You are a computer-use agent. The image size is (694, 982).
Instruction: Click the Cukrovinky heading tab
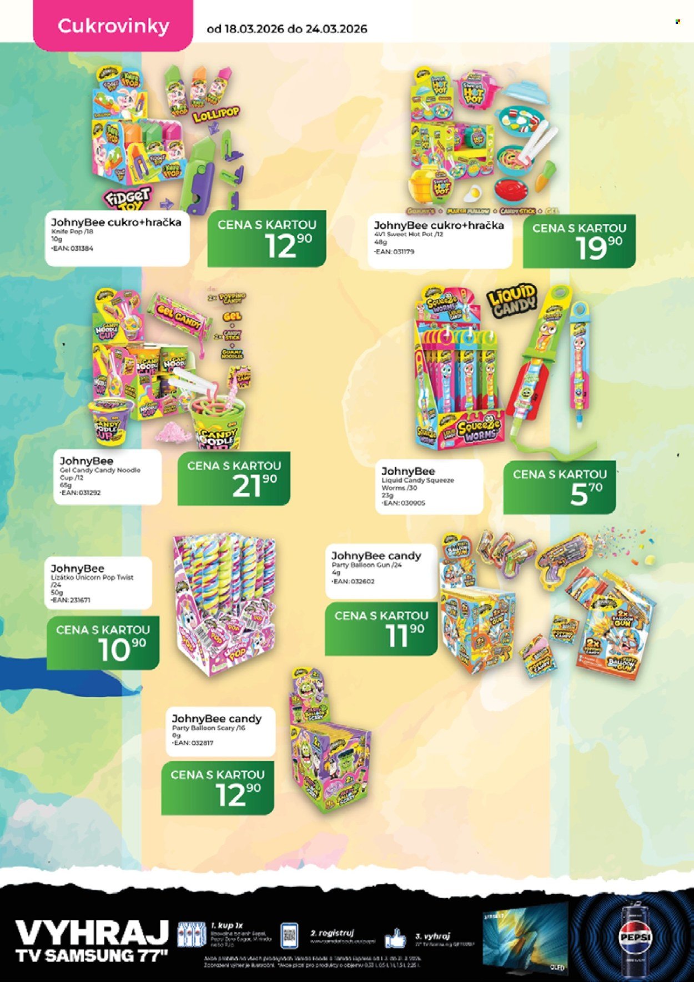(113, 26)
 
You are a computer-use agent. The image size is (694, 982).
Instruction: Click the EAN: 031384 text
(73, 248)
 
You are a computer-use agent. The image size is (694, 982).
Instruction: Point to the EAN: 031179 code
(394, 252)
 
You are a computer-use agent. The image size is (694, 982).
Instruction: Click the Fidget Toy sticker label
(127, 199)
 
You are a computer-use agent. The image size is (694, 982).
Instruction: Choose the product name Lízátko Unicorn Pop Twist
(92, 578)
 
